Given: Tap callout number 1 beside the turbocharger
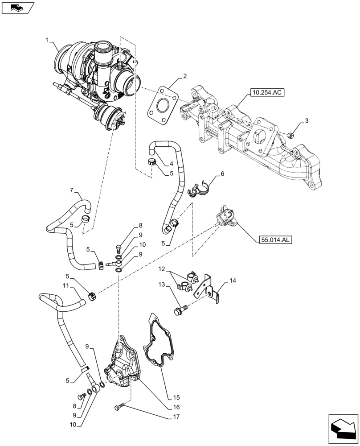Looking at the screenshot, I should tap(47, 41).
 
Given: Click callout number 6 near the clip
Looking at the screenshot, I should tap(222, 174).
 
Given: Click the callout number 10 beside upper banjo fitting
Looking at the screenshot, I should tap(142, 244).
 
